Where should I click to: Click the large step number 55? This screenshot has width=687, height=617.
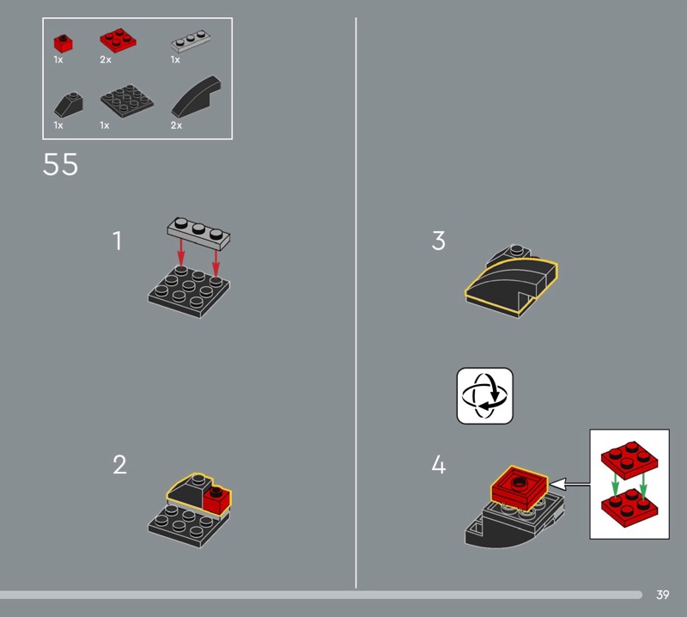coord(60,164)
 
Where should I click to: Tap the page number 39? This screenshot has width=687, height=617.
coord(662,595)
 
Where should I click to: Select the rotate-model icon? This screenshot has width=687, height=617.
coord(484,396)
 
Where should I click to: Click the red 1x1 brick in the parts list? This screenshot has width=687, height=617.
coord(63,44)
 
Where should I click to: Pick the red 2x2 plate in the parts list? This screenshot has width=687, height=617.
coord(118,40)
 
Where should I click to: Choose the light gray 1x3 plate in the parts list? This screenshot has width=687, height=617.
coord(191,40)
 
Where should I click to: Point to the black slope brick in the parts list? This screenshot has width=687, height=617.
coord(69,105)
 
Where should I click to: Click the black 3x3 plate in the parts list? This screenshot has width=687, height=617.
coord(127,101)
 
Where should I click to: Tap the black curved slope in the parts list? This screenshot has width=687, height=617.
coord(196,96)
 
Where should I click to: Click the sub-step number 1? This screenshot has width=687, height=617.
coord(117,241)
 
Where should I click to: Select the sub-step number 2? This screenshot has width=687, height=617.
coord(119,464)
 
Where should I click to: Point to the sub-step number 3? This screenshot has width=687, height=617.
coord(439,241)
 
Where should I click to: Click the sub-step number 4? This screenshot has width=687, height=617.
coord(439,464)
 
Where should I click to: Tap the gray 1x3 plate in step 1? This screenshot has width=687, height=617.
coord(198,233)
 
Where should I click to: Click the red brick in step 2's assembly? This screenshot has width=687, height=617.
coord(217,499)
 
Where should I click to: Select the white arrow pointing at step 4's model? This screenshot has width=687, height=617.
coord(569,484)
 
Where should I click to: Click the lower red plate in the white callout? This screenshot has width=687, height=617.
coord(629,507)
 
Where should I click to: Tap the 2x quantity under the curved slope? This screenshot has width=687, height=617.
coord(176,125)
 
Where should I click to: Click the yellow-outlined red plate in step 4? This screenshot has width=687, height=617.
coord(520,487)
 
